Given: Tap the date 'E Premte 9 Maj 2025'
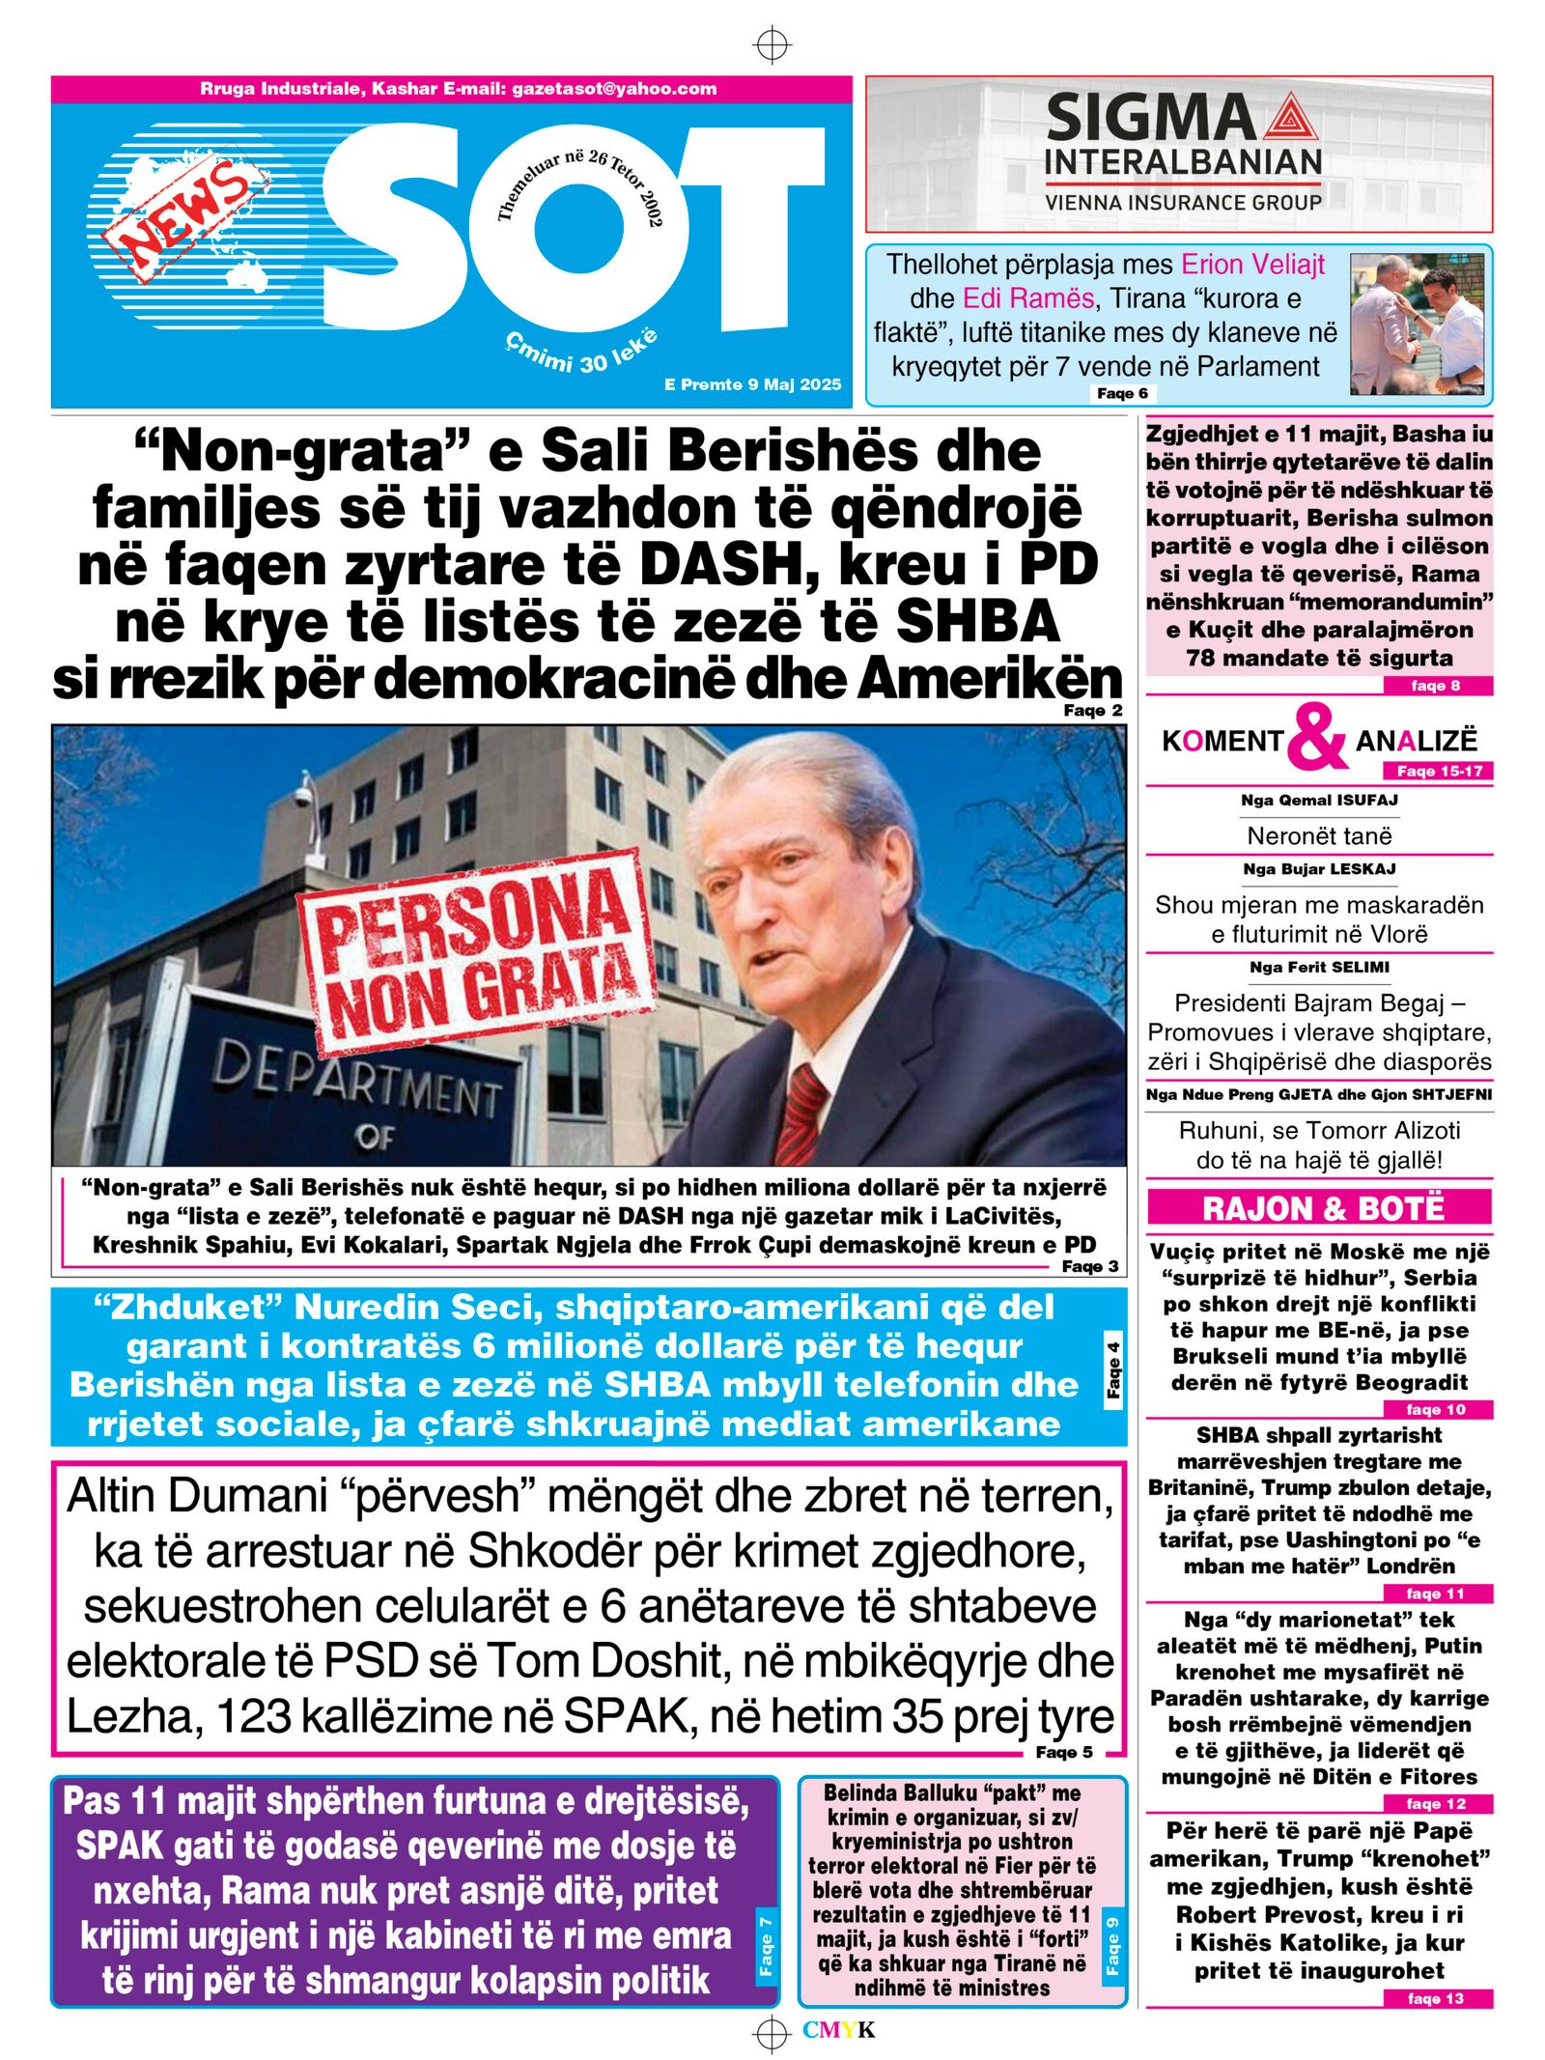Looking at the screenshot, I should (x=752, y=384).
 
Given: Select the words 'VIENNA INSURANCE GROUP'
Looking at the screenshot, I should (x=1183, y=202).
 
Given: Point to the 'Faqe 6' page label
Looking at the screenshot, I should (x=1122, y=393).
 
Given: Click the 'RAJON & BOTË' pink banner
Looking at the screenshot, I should (x=1320, y=1207).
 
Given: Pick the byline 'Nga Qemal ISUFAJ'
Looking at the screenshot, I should (x=1319, y=800).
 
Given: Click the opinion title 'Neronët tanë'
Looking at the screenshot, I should (x=1319, y=835).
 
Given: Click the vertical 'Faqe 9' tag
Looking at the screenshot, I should (x=1112, y=1947).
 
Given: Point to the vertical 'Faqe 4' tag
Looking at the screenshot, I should (x=1113, y=1369).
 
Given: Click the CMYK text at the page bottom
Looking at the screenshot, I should (x=838, y=2030).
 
